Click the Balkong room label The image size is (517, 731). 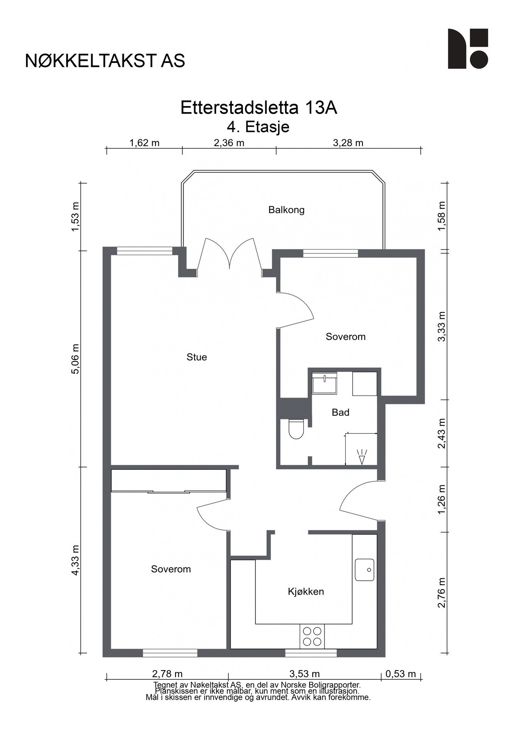point(286,210)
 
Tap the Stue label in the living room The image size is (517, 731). point(197,357)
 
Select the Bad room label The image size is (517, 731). point(340,413)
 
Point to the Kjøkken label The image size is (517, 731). point(306,591)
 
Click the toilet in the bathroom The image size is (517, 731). point(296,429)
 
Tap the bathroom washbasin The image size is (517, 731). point(324,383)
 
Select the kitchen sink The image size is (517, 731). point(364,570)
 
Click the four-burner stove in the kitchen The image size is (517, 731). point(312,636)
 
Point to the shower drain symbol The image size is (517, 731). point(361,457)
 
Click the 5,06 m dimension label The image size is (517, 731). point(76,359)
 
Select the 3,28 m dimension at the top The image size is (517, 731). point(348,143)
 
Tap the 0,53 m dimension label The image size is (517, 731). point(401,674)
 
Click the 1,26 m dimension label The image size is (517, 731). point(441,499)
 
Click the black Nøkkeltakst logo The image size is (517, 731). point(468,49)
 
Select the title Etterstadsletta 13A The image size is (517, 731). point(259,108)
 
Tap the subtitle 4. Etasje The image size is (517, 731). point(258,127)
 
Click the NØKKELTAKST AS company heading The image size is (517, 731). point(105,61)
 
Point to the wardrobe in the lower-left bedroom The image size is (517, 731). point(169,481)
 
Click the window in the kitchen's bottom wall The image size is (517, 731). point(311,653)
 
